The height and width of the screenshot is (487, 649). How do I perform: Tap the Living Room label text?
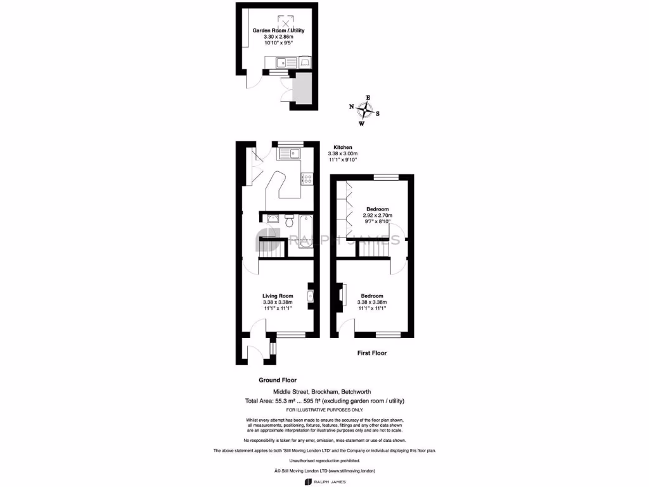point(278,295)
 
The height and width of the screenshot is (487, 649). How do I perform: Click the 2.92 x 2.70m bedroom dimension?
point(377,216)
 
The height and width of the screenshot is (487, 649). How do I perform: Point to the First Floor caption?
point(371,353)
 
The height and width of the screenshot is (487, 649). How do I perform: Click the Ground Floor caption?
point(277,380)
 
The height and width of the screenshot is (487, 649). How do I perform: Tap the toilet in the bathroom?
point(289,221)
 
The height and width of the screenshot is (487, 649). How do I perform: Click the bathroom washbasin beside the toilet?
point(272,219)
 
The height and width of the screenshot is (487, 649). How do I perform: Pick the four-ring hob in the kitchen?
point(307,179)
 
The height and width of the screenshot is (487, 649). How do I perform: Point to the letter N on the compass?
point(352,107)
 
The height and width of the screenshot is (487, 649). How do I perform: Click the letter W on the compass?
point(362,124)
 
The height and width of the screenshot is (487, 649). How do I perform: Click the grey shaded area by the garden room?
point(303,89)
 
